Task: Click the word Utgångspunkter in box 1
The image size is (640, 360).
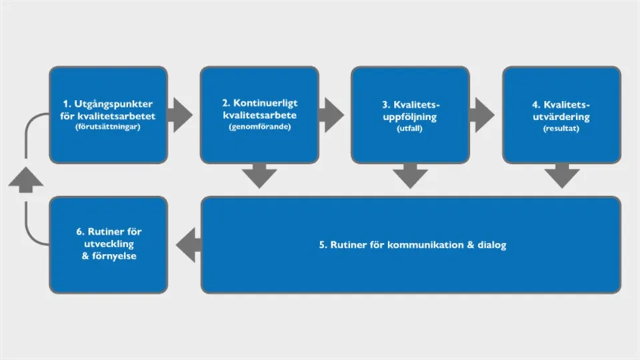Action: click(x=113, y=105)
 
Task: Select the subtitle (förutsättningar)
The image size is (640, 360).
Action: click(x=108, y=127)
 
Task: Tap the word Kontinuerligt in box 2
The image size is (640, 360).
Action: click(x=265, y=103)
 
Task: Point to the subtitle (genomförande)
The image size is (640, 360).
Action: click(x=260, y=127)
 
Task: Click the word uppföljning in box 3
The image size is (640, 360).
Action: click(x=410, y=117)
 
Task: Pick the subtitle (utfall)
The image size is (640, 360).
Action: click(x=410, y=129)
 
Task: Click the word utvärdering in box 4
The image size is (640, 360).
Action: click(x=561, y=117)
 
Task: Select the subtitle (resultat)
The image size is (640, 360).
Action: click(x=561, y=129)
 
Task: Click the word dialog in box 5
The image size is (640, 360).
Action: click(x=492, y=245)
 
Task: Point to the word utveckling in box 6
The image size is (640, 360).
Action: click(x=109, y=244)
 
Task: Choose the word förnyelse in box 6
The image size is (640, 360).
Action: click(x=114, y=256)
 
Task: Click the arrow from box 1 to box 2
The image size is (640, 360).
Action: click(x=180, y=115)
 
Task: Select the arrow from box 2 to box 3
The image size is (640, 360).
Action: click(x=331, y=115)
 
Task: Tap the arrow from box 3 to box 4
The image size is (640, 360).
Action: click(x=482, y=115)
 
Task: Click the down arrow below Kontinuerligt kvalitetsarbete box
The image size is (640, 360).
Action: click(x=259, y=176)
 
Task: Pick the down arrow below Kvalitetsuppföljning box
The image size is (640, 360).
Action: click(x=410, y=176)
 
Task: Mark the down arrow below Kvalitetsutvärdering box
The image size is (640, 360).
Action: click(x=562, y=176)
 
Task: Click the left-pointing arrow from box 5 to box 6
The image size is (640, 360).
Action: click(x=189, y=245)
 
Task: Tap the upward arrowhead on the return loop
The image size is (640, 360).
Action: click(x=26, y=179)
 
